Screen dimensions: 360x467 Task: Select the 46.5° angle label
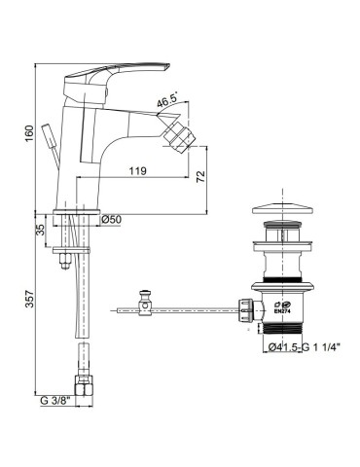pos(167,102)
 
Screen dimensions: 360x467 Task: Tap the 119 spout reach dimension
pos(138,171)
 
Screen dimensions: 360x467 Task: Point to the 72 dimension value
pos(201,176)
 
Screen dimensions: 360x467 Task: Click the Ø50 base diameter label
pos(111,220)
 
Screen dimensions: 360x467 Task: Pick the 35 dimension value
pos(40,231)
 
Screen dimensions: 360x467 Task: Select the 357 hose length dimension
pos(29,300)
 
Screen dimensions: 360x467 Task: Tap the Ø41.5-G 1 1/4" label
pos(305,347)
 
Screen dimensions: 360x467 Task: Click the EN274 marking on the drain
pos(281,310)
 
